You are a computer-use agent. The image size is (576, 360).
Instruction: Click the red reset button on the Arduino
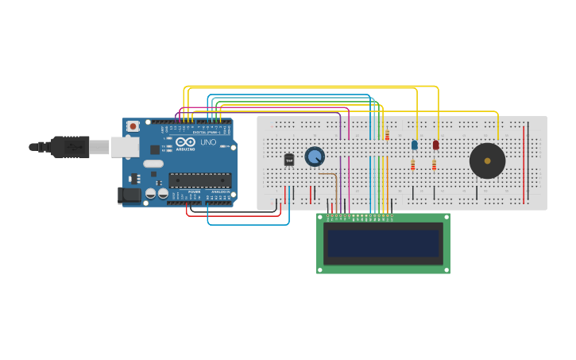(133, 126)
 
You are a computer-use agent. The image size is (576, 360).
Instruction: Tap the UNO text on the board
(207, 142)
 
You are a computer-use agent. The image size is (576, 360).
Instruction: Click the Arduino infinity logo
(185, 141)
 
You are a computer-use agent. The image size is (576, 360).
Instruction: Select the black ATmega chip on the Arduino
(199, 180)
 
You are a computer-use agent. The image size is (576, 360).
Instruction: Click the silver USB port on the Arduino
(124, 146)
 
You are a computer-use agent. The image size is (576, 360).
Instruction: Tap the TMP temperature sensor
(289, 160)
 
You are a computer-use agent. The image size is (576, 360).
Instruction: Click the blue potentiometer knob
(315, 157)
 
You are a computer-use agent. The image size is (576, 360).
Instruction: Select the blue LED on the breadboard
(414, 145)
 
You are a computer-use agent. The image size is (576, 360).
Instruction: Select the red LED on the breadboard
(435, 145)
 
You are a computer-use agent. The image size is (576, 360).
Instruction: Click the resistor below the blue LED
(412, 165)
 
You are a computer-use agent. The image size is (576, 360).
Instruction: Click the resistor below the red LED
(434, 165)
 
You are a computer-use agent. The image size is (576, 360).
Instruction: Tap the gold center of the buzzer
(487, 161)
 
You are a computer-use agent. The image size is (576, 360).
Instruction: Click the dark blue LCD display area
(383, 243)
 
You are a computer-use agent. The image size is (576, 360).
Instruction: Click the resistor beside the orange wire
(387, 134)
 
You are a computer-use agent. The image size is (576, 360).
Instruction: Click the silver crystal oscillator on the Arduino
(153, 164)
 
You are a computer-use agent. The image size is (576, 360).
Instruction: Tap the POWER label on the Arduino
(195, 192)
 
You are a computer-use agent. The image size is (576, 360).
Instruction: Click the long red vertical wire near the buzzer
(524, 163)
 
